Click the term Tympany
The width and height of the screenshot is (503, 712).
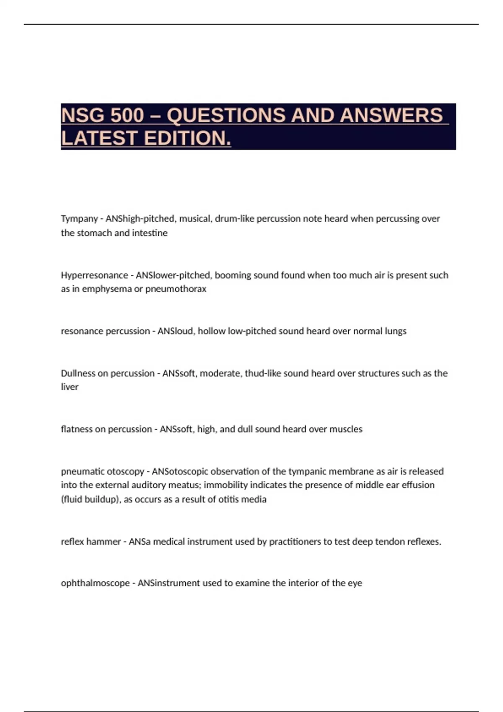click(x=79, y=219)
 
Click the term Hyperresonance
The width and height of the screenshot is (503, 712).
click(x=94, y=275)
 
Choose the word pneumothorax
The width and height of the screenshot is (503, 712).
click(x=176, y=289)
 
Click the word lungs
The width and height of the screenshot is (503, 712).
click(x=395, y=331)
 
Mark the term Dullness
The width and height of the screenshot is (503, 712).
click(x=78, y=373)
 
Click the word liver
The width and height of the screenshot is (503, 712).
click(x=70, y=387)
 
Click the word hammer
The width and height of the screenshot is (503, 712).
click(x=106, y=542)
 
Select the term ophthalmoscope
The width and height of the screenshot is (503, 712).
click(x=95, y=583)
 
